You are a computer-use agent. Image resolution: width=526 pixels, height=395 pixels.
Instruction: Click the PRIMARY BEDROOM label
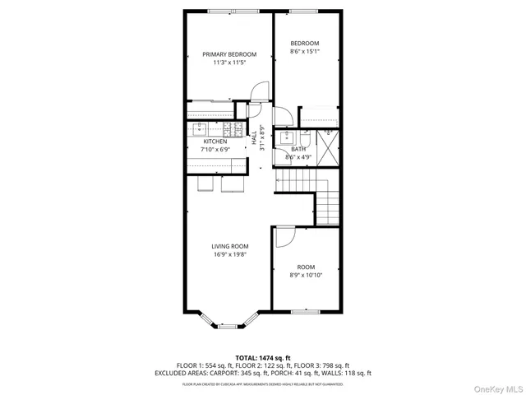[229, 54]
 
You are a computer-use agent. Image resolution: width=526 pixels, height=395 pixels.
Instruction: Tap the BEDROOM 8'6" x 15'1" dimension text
[305, 51]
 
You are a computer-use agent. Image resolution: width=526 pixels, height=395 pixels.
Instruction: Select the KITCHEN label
[215, 142]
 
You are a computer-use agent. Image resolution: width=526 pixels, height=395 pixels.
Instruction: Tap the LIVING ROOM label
[229, 246]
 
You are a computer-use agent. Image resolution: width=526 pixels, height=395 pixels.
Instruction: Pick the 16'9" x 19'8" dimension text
[229, 254]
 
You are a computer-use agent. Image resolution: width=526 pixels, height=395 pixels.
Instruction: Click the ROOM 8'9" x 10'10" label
[306, 271]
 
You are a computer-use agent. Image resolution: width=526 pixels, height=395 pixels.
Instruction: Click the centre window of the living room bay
[227, 326]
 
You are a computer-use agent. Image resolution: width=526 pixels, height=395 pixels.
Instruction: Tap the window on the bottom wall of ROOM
[306, 312]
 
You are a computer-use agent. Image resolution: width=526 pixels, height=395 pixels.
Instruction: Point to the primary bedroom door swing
[260, 90]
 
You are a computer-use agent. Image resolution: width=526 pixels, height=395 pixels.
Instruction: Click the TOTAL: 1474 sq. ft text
[262, 357]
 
